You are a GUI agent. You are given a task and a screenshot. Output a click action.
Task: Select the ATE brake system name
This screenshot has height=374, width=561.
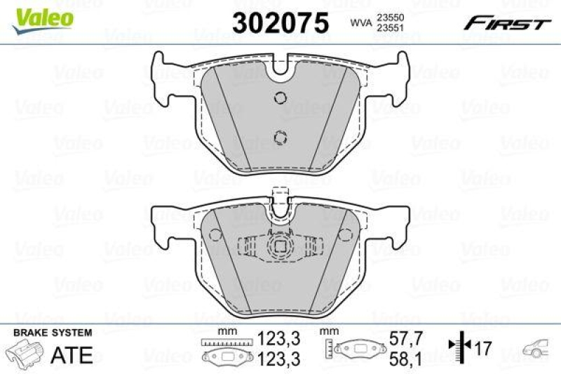click(x=72, y=354)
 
